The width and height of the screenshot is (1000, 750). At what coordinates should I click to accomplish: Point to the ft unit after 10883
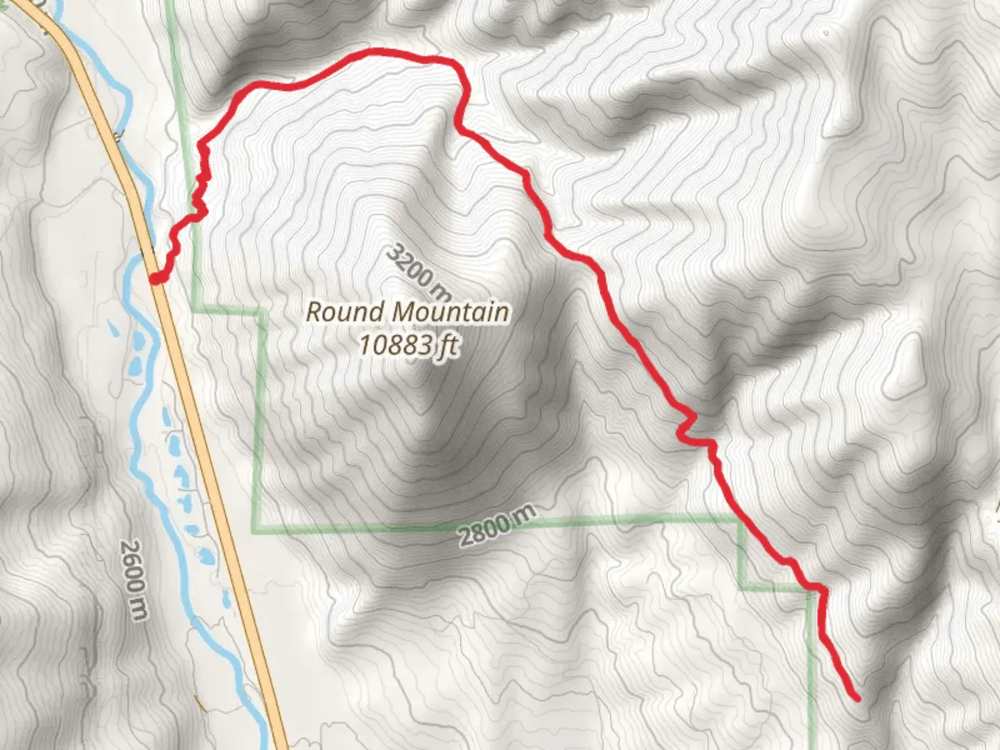pyautogui.click(x=447, y=345)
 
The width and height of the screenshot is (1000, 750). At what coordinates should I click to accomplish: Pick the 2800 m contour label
pyautogui.click(x=497, y=526)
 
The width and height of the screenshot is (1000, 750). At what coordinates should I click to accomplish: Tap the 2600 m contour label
pyautogui.click(x=134, y=580)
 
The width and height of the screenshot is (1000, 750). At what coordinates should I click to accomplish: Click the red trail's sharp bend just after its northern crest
pyautogui.click(x=458, y=125)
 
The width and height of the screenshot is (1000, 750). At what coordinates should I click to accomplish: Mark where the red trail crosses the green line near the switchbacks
pyautogui.click(x=193, y=215)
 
